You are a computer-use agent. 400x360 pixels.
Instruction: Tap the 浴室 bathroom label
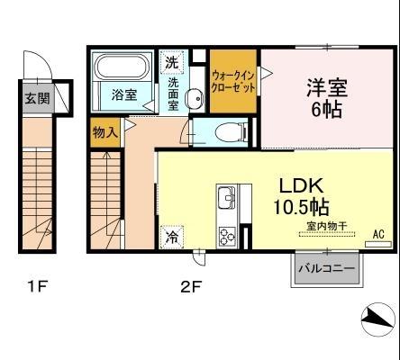pyautogui.click(x=124, y=94)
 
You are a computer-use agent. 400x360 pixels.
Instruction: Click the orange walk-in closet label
pyautogui.click(x=233, y=82)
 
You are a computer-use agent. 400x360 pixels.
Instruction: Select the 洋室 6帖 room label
pyautogui.click(x=322, y=98)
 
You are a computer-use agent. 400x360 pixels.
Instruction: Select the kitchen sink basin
pyautogui.click(x=225, y=196)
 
